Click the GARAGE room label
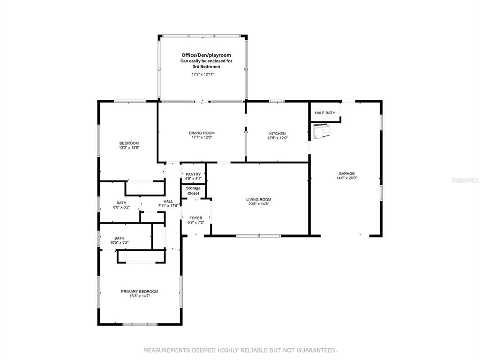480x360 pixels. point(346,173)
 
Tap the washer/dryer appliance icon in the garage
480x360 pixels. point(322,131)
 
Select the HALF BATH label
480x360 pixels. point(325,113)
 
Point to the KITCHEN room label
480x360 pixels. point(277,134)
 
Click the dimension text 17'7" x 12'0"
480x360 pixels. point(202,137)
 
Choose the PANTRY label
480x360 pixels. point(193,174)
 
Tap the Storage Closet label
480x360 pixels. point(193,191)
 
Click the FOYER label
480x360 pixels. point(196,218)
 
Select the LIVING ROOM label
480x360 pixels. point(259,200)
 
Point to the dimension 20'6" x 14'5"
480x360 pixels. point(259,204)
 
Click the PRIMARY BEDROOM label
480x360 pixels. point(140,292)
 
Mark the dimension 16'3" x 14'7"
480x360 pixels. point(140,296)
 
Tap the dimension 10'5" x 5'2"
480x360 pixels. point(120,242)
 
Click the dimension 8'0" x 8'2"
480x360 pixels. point(121,207)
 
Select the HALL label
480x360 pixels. point(168,202)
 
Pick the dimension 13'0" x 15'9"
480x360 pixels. point(129,148)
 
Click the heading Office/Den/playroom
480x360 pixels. point(206,55)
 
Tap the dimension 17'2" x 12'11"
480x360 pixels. point(202,74)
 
